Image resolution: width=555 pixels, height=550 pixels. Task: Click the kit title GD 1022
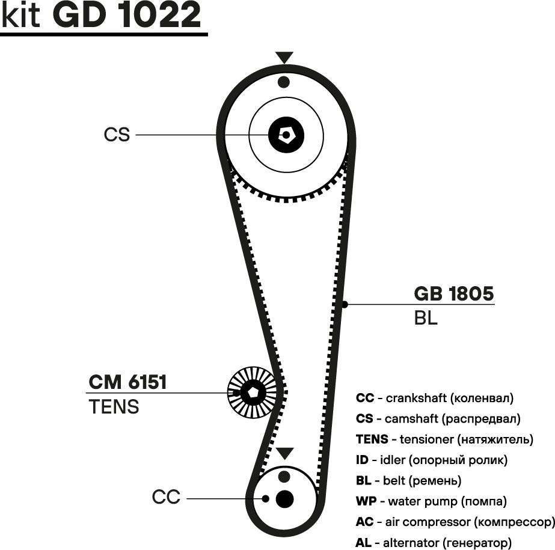126,17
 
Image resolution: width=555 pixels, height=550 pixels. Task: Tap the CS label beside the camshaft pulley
117,135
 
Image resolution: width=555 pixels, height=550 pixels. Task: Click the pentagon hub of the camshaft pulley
286,135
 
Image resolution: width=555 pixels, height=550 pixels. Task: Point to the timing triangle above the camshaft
284,58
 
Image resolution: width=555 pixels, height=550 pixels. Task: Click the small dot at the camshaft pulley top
284,82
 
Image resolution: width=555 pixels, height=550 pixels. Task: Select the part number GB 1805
454,294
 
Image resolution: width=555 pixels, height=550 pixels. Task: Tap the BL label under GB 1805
426,318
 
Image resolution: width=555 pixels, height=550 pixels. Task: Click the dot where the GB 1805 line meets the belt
345,305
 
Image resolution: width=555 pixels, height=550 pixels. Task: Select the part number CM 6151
127,382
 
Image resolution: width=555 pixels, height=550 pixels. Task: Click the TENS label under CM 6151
114,407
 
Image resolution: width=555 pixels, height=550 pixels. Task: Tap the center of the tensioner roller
252,393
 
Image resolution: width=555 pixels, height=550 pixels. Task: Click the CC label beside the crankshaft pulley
166,498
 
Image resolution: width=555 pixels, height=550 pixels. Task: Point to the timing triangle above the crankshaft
284,453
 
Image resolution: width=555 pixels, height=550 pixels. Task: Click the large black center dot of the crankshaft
284,498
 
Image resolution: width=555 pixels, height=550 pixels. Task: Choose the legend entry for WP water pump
431,501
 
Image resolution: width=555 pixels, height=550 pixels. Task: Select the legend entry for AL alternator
434,542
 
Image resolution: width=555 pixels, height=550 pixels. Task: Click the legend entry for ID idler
432,460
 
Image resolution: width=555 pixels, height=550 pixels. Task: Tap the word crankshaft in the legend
416,398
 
